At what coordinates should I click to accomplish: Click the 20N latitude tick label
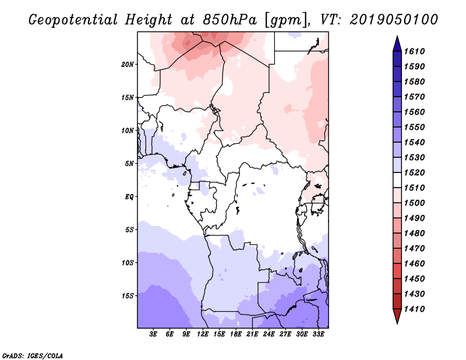(x=128, y=64)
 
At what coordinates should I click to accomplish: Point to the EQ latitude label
(x=129, y=196)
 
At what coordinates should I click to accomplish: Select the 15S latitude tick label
(x=128, y=295)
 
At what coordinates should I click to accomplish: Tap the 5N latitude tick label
(x=129, y=163)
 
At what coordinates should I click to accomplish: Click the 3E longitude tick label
(x=154, y=334)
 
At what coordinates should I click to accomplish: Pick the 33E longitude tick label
(x=319, y=334)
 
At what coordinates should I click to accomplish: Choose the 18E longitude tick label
(x=236, y=334)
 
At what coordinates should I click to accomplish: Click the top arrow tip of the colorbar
(x=396, y=37)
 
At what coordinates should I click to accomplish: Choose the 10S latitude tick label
(x=128, y=262)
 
